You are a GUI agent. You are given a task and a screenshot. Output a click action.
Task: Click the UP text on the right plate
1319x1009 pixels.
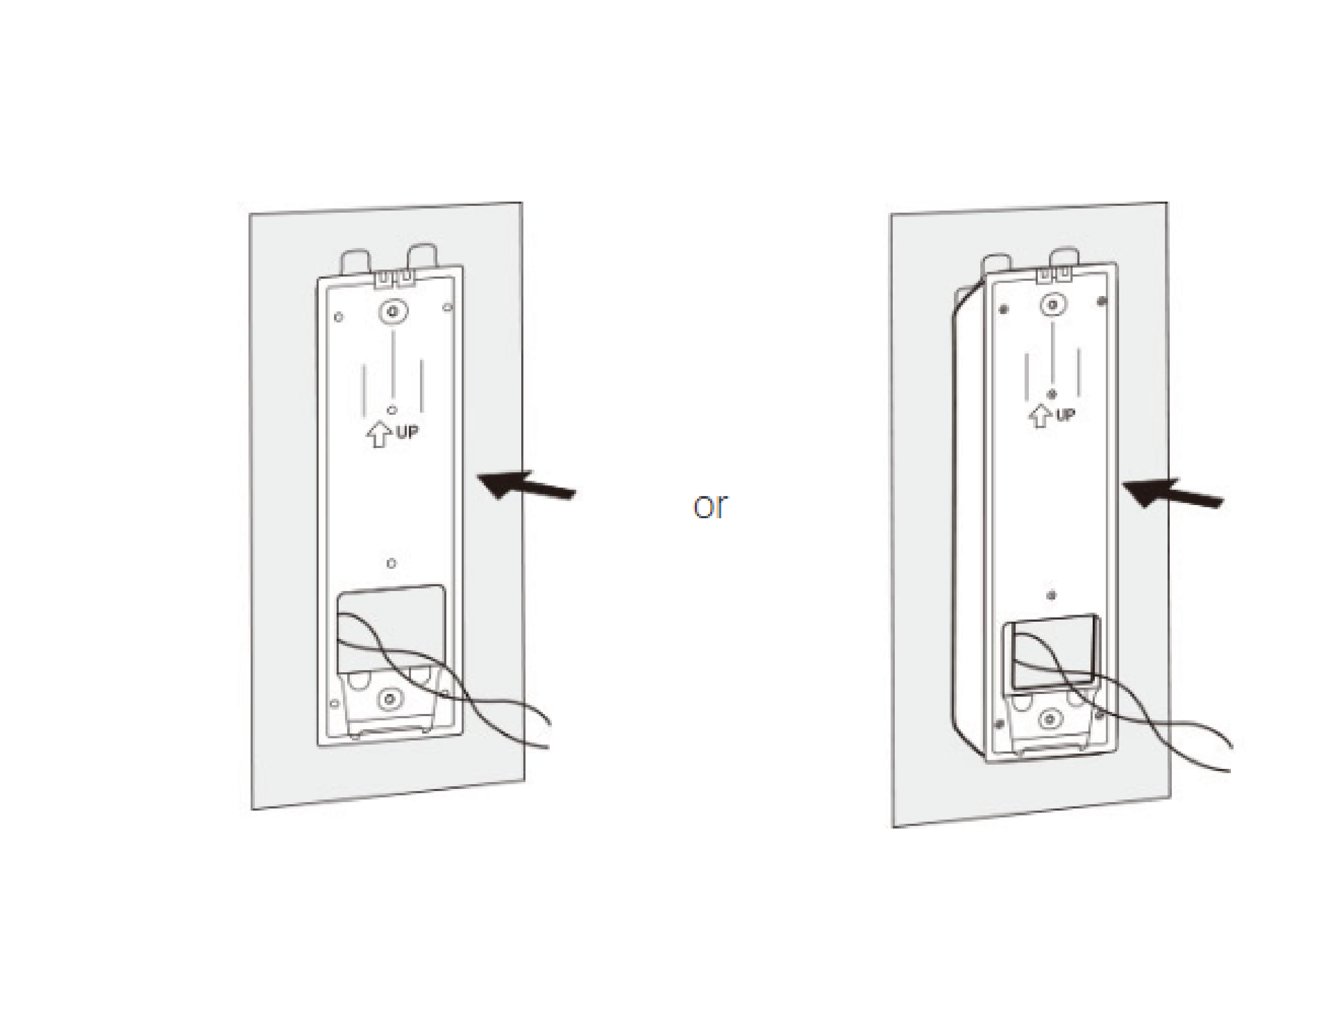1065,414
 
